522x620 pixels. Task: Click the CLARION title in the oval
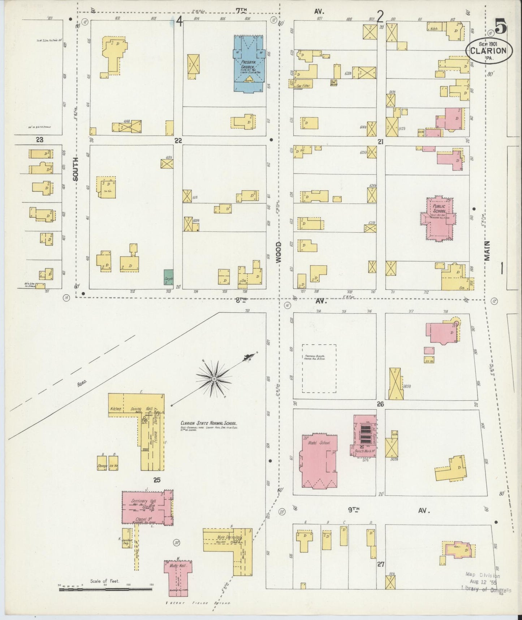click(x=488, y=51)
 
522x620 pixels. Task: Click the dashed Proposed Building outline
click(x=319, y=368)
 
